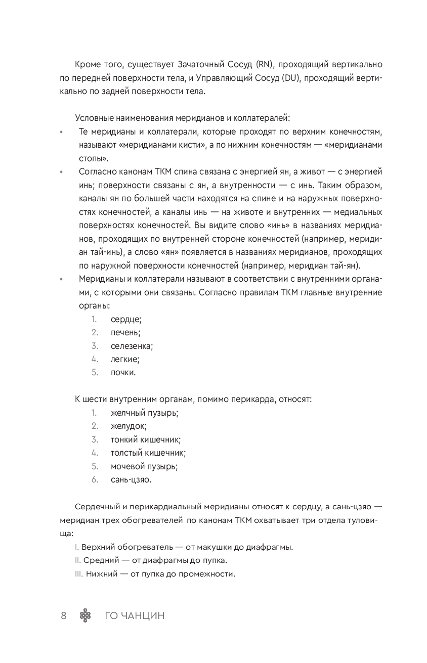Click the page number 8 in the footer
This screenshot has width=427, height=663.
[x=64, y=615]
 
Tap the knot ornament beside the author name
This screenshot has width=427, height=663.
[x=86, y=615]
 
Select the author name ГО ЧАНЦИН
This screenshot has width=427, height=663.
[x=135, y=615]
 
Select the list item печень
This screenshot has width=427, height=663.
[x=125, y=333]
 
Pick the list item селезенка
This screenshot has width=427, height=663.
[x=132, y=346]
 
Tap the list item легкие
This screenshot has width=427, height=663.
[x=125, y=360]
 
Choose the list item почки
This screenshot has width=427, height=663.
[x=123, y=373]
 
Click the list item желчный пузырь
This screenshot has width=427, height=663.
[x=144, y=413]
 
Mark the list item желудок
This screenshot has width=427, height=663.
[x=129, y=426]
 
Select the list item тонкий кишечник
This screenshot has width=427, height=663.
[x=146, y=439]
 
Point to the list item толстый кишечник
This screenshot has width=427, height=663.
[x=148, y=453]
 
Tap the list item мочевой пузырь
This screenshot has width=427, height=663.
[x=144, y=466]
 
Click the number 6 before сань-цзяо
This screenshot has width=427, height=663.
[x=95, y=480]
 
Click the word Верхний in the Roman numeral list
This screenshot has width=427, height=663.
[x=99, y=547]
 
